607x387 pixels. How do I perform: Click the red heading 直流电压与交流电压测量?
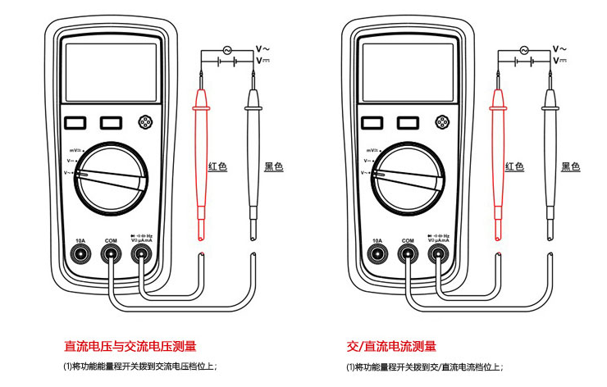pos(130,347)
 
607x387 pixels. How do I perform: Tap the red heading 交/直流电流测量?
pos(391,347)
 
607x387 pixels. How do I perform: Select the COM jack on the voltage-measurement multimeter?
pos(111,253)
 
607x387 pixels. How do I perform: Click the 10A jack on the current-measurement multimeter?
pos(377,253)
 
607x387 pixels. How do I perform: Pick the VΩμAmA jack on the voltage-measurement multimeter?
pos(142,253)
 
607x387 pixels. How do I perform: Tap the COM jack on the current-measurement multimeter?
pos(408,253)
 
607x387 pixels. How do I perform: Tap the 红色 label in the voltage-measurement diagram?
pos(217,166)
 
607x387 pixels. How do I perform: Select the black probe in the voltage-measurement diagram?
pos(254,156)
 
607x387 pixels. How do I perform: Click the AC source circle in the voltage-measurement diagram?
pos(226,50)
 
